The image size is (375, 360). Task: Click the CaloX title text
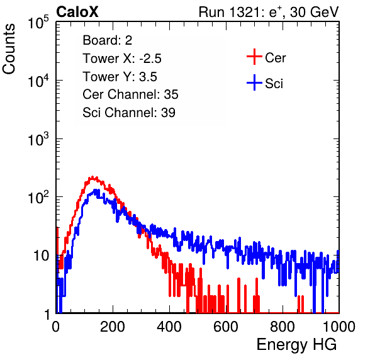coord(77,12)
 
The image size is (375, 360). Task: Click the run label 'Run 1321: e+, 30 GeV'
coord(269,12)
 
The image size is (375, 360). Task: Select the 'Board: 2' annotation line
coord(107,40)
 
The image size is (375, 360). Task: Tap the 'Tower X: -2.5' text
coord(122,59)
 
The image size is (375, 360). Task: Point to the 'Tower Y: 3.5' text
coord(120,77)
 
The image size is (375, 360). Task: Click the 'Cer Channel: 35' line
coord(130,94)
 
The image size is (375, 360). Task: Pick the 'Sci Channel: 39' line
coord(129,113)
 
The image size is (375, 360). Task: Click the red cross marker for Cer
coord(254,57)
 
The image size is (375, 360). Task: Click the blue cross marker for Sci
coord(254,83)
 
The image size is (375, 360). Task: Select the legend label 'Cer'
coord(275,58)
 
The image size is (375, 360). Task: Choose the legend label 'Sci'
coord(274,84)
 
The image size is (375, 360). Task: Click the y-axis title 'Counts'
coord(9,49)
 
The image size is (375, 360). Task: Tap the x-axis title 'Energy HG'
coord(296,345)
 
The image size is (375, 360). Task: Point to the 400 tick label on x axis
coord(169,327)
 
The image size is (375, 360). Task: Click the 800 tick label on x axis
coord(283,327)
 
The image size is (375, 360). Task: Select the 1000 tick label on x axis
coord(339,327)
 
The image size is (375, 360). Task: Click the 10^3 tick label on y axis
coord(38,139)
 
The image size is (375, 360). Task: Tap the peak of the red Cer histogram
coord(92,177)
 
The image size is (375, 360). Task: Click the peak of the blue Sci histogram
coord(96,190)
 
